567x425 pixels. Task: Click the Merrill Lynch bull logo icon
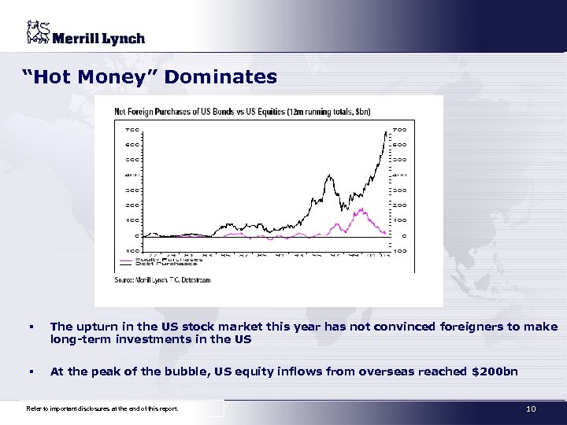pyautogui.click(x=37, y=34)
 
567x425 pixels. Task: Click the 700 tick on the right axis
pyautogui.click(x=400, y=129)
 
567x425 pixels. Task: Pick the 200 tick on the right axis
pyautogui.click(x=400, y=205)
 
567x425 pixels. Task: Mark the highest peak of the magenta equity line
pyautogui.click(x=362, y=209)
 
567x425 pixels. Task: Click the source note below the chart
pyautogui.click(x=162, y=279)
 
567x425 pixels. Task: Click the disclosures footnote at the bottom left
pyautogui.click(x=102, y=409)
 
